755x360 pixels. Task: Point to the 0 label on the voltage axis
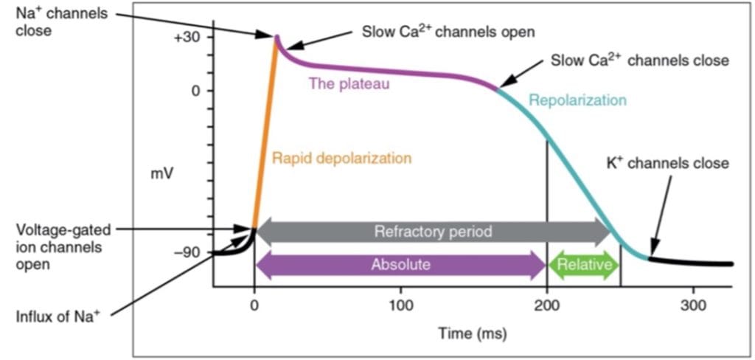click(196, 91)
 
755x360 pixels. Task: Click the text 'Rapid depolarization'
click(341, 158)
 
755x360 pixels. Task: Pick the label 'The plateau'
click(349, 83)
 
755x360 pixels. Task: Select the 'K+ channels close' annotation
click(667, 163)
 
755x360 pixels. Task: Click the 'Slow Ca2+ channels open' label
click(448, 32)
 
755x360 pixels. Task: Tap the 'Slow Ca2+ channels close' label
click(639, 60)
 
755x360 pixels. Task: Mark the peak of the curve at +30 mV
click(277, 36)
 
